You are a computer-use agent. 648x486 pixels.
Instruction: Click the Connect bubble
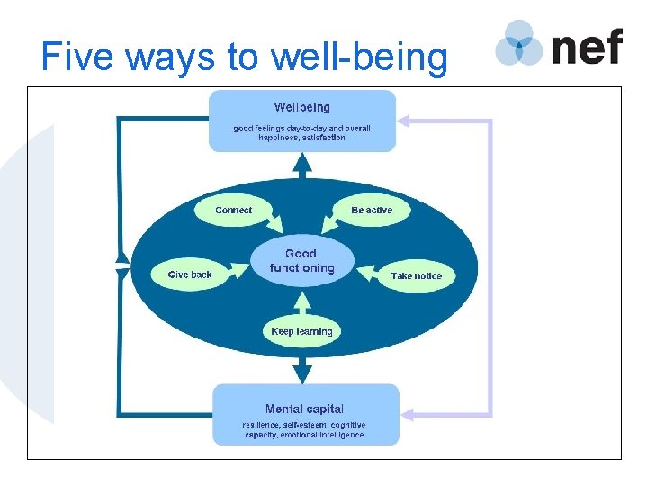233,211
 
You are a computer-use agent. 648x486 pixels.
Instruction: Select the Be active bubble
372,211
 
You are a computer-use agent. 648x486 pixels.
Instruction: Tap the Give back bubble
190,274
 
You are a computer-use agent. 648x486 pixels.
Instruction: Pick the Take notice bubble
416,275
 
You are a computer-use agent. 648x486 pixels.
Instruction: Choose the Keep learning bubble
301,331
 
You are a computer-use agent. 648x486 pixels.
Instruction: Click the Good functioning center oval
301,261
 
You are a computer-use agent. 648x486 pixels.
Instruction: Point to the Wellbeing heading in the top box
301,108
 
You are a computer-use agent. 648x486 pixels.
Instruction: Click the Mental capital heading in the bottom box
304,409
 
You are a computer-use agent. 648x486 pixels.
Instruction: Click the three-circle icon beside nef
519,43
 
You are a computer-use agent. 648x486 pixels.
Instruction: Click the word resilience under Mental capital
260,425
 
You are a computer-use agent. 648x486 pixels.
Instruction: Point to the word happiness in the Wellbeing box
278,138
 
